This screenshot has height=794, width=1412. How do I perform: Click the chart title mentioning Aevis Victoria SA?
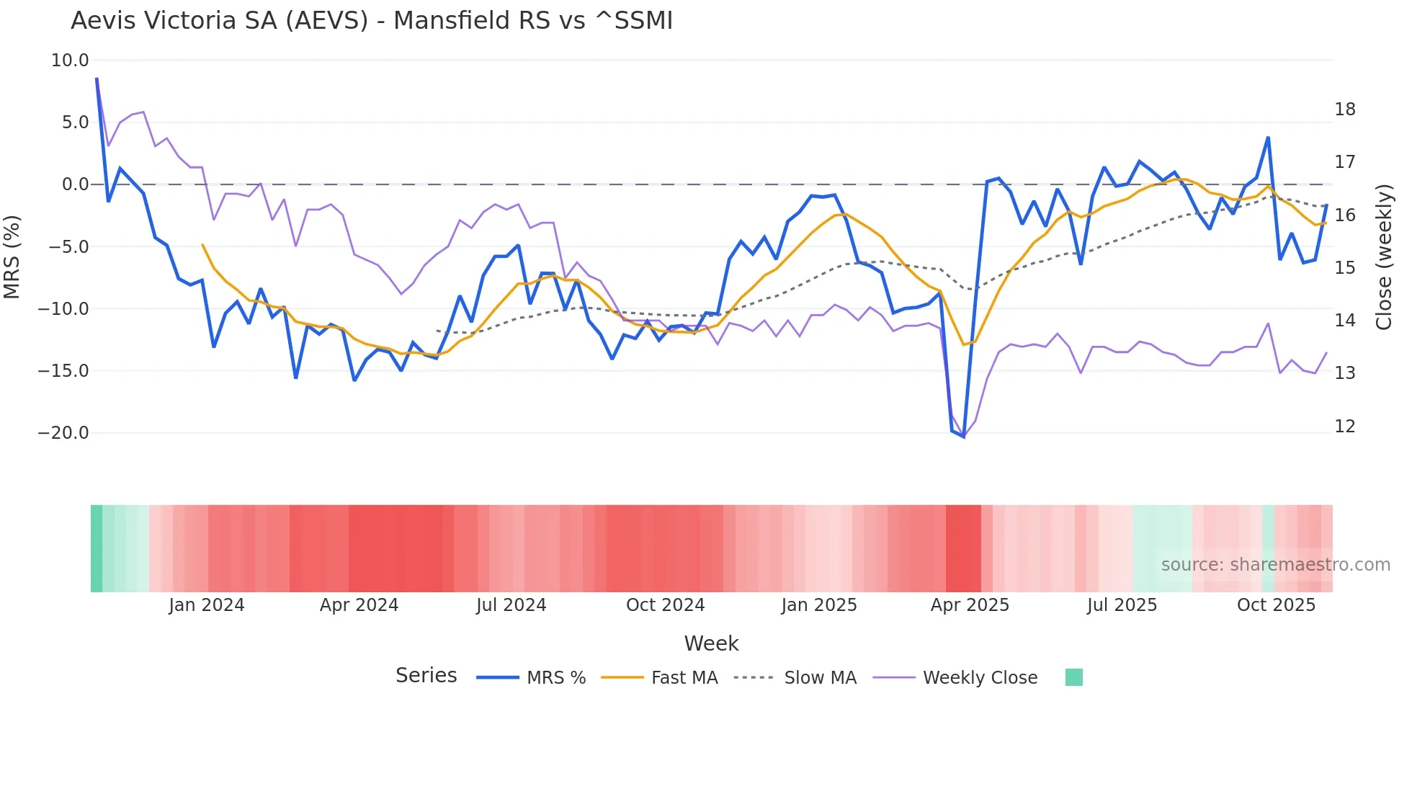click(372, 21)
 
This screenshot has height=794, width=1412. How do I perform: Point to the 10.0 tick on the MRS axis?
click(70, 61)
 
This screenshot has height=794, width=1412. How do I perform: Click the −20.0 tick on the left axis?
click(63, 433)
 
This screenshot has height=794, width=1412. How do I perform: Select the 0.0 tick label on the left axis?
click(75, 184)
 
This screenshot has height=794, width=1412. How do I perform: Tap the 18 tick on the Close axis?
click(1344, 110)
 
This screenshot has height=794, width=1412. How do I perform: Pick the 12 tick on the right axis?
click(1344, 427)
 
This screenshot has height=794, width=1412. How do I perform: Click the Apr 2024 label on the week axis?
click(359, 605)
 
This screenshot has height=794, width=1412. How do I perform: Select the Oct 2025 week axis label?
click(1276, 605)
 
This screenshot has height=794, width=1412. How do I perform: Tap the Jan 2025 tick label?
click(819, 605)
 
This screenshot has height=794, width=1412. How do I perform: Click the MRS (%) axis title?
click(12, 257)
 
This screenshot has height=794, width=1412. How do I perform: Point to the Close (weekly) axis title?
click(1384, 257)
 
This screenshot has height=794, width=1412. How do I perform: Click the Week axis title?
click(711, 643)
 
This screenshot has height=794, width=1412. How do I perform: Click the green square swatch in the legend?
click(1073, 677)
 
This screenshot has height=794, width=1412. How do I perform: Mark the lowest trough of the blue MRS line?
click(963, 437)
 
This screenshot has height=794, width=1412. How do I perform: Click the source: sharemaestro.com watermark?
click(1275, 565)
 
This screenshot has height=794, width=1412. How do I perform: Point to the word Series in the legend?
click(426, 676)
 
